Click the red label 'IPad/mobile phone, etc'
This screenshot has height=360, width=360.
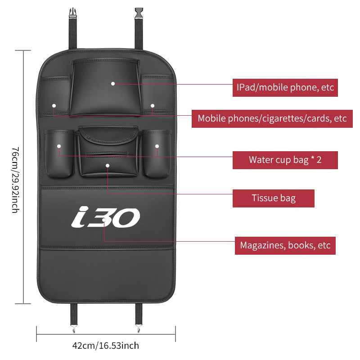pyautogui.click(x=285, y=87)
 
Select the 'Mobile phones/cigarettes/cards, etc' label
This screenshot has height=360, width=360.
pyautogui.click(x=272, y=119)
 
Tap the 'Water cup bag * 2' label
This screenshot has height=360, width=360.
pyautogui.click(x=285, y=160)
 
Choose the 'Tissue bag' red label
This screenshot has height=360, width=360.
pyautogui.click(x=274, y=198)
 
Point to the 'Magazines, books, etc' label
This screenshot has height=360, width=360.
pyautogui.click(x=285, y=245)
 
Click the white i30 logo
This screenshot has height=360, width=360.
pyautogui.click(x=106, y=217)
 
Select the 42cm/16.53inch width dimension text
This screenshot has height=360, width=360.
pyautogui.click(x=106, y=346)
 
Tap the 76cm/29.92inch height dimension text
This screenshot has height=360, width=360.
pyautogui.click(x=16, y=180)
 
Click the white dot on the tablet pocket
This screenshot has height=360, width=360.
pyautogui.click(x=113, y=84)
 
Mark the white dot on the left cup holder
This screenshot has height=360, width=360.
pyautogui.click(x=59, y=146)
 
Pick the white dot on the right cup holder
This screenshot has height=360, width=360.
pyautogui.click(x=157, y=146)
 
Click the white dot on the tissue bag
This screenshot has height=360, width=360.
pyautogui.click(x=108, y=166)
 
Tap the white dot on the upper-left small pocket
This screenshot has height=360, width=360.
pyautogui.click(x=54, y=106)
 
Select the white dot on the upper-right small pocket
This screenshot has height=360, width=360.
pyautogui.click(x=153, y=106)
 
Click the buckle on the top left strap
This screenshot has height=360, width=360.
pyautogui.click(x=73, y=13)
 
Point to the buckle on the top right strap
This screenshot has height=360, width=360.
pyautogui.click(x=139, y=13)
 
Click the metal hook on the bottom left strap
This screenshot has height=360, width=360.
pyautogui.click(x=74, y=329)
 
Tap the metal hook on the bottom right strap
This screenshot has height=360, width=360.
pyautogui.click(x=138, y=328)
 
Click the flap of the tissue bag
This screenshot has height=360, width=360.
pyautogui.click(x=108, y=135)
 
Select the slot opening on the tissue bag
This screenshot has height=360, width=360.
pyautogui.click(x=107, y=154)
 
